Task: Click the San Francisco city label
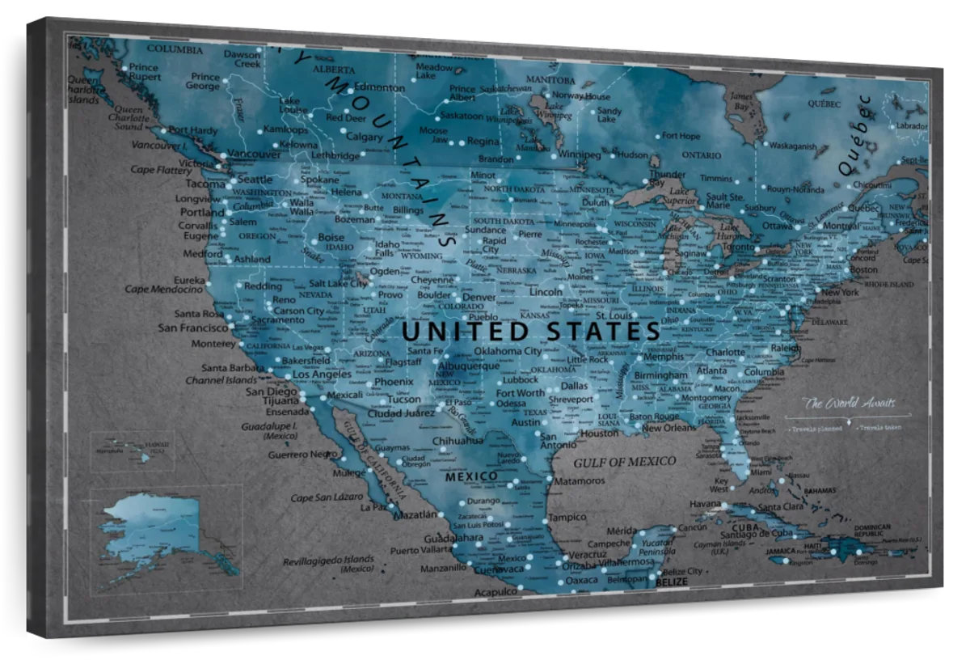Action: click(193, 328)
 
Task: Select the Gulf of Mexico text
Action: click(624, 461)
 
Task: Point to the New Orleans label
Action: click(668, 427)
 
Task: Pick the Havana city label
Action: click(706, 504)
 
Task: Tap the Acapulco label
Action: click(496, 592)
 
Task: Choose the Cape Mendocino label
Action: click(164, 289)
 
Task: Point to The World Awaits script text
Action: click(849, 403)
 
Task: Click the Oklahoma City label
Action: click(508, 351)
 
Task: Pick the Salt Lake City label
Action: click(339, 283)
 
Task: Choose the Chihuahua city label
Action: click(458, 440)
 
